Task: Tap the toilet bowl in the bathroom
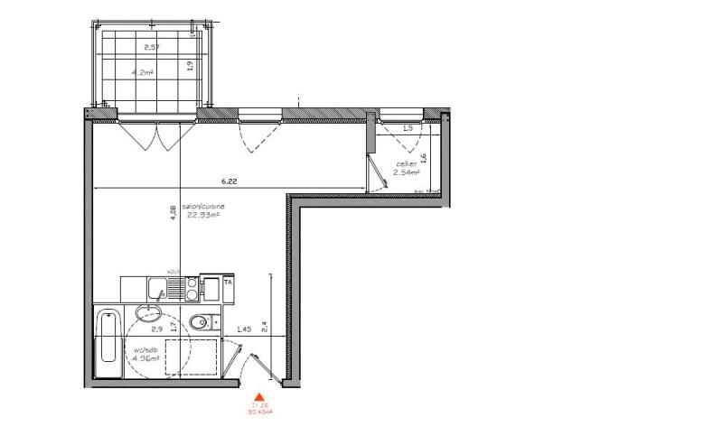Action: [x=201, y=321]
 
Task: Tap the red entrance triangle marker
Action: [x=259, y=396]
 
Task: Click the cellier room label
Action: [x=406, y=163]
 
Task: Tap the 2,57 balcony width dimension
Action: [x=154, y=45]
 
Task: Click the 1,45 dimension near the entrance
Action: [x=242, y=330]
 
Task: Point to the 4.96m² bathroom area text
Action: [x=145, y=357]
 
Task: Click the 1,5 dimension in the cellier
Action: [x=407, y=128]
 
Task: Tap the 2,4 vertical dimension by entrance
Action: [x=264, y=326]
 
